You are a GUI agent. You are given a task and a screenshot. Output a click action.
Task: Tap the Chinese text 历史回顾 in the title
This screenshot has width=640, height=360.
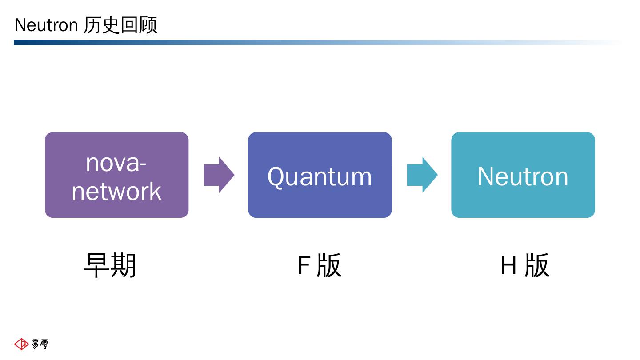point(120,25)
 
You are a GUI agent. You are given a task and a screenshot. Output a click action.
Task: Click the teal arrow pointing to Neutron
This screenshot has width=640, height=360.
point(422,175)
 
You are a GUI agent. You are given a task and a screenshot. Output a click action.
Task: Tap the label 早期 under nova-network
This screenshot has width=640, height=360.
point(110,265)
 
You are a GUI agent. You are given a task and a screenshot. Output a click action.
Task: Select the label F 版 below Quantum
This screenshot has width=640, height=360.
point(319,265)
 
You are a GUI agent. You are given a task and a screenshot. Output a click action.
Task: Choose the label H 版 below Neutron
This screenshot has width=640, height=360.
point(525,265)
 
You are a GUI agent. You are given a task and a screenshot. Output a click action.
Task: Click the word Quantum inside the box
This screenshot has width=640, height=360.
point(320,176)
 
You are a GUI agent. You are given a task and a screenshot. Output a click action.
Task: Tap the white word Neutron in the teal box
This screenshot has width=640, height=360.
point(523,176)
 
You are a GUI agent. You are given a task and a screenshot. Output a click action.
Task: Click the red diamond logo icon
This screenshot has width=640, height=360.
point(21,344)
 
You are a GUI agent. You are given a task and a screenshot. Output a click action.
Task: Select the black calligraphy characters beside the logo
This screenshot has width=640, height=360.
point(40,344)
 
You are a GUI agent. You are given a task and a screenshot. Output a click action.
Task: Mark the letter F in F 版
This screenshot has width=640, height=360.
point(303,266)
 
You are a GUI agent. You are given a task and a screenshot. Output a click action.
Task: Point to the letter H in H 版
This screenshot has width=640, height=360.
point(508,266)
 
